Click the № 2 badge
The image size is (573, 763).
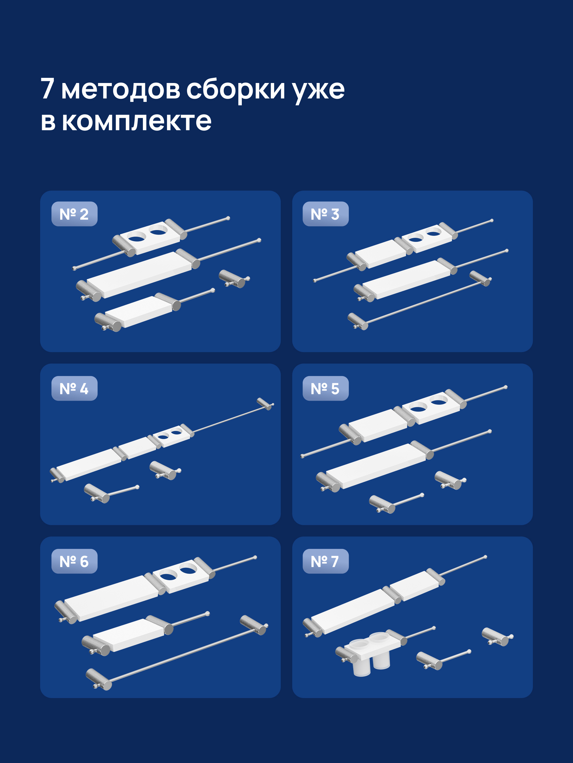(74, 214)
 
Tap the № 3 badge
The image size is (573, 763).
(325, 214)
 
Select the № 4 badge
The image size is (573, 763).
(74, 388)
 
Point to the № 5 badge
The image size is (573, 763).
(325, 388)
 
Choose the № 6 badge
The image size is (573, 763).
(74, 561)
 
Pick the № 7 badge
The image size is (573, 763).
(325, 561)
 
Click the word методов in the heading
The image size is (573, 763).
(121, 89)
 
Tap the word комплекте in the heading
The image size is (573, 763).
(137, 122)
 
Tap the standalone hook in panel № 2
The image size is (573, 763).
(234, 279)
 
